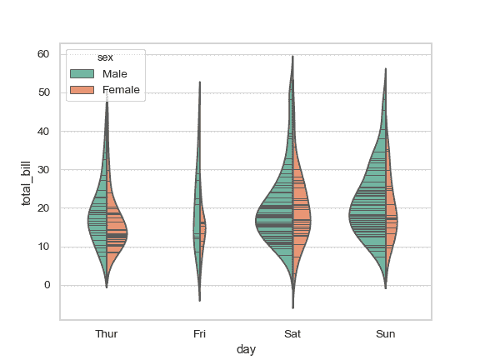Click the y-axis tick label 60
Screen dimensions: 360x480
coord(43,54)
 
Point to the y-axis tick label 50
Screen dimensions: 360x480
coord(43,92)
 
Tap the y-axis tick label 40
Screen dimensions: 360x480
coord(43,131)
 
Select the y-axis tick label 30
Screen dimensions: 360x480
coord(43,170)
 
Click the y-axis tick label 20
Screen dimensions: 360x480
coord(43,208)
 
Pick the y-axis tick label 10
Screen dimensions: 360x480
coord(43,247)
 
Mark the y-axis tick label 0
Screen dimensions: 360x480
coord(46,285)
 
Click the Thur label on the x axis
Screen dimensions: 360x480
coord(107,334)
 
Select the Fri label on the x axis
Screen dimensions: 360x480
coord(200,334)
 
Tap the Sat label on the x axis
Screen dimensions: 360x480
coord(292,334)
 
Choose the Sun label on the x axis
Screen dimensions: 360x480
coord(386,334)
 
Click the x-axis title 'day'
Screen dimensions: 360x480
coord(246,350)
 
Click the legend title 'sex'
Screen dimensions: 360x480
coord(105,57)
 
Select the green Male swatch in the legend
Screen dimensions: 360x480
coord(82,73)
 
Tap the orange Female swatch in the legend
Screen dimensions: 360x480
coord(82,89)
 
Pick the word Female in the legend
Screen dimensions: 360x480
coord(122,89)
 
